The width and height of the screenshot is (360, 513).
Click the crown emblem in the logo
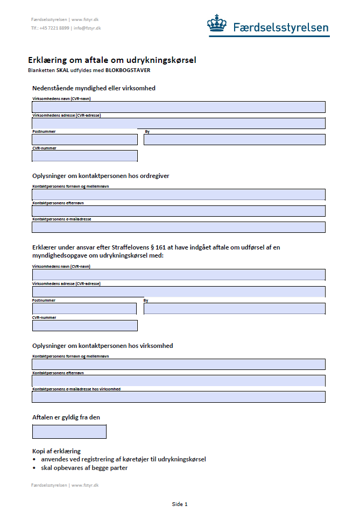[x=217, y=24]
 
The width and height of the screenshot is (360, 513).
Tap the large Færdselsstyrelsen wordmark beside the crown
[x=280, y=27]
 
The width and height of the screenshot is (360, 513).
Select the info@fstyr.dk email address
[x=87, y=28]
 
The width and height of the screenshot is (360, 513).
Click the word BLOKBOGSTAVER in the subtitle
[x=128, y=70]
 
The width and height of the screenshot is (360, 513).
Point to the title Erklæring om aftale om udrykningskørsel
[x=116, y=60]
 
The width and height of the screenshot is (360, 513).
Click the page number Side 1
[x=180, y=504]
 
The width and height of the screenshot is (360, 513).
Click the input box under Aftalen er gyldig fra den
[x=69, y=431]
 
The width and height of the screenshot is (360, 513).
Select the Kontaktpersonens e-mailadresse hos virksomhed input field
[x=179, y=397]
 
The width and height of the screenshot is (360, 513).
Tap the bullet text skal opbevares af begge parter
[x=84, y=467]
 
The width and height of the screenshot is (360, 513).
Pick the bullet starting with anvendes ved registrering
[x=123, y=459]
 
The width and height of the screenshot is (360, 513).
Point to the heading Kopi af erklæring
[x=57, y=451]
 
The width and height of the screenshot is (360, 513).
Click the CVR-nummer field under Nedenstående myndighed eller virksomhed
[x=85, y=156]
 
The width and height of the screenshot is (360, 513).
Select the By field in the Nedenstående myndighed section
[x=234, y=140]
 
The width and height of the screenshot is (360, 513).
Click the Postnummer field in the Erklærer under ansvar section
[x=84, y=309]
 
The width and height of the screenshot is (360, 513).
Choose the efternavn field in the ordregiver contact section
[x=179, y=211]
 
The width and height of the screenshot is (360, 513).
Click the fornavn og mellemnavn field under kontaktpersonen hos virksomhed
[x=179, y=364]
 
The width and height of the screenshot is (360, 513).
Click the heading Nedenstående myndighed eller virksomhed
[x=94, y=88]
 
